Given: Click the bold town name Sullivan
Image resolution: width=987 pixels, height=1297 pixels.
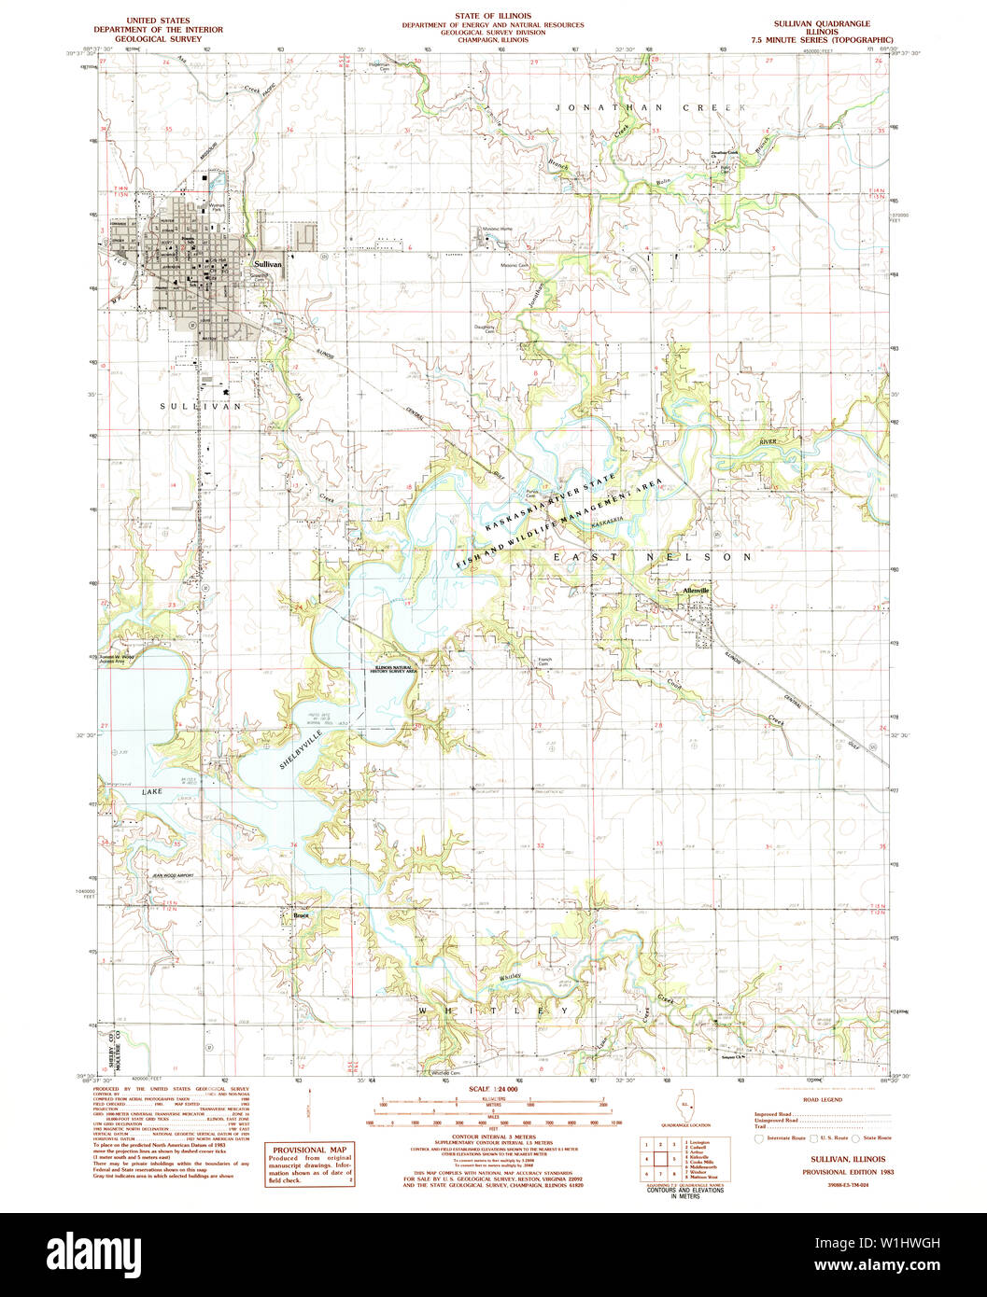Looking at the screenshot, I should pyautogui.click(x=267, y=264).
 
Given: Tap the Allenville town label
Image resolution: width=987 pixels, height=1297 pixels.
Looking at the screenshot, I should pyautogui.click(x=697, y=591).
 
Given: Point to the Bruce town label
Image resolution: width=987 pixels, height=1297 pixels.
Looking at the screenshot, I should pyautogui.click(x=301, y=915).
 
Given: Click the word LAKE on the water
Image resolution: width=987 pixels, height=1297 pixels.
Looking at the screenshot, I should pyautogui.click(x=152, y=791).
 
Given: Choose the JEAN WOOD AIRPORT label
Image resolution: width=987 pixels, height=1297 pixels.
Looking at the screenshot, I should pyautogui.click(x=174, y=876).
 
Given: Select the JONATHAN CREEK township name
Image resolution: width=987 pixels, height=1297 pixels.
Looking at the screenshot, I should pyautogui.click(x=652, y=108).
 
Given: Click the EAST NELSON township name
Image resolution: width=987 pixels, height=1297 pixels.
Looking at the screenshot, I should pyautogui.click(x=652, y=557).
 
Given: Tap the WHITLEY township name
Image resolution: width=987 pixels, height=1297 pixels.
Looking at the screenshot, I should pyautogui.click(x=493, y=1011).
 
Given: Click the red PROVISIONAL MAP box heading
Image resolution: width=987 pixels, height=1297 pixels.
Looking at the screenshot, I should pyautogui.click(x=309, y=1150).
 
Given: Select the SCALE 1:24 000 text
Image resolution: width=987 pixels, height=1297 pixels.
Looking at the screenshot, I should pyautogui.click(x=492, y=1089).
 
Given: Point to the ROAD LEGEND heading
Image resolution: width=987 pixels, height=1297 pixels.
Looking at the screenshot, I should pyautogui.click(x=823, y=1100).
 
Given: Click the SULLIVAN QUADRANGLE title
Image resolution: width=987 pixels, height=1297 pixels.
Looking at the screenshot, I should pyautogui.click(x=821, y=22).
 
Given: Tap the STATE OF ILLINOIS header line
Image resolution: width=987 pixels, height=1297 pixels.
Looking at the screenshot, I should pyautogui.click(x=493, y=17).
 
